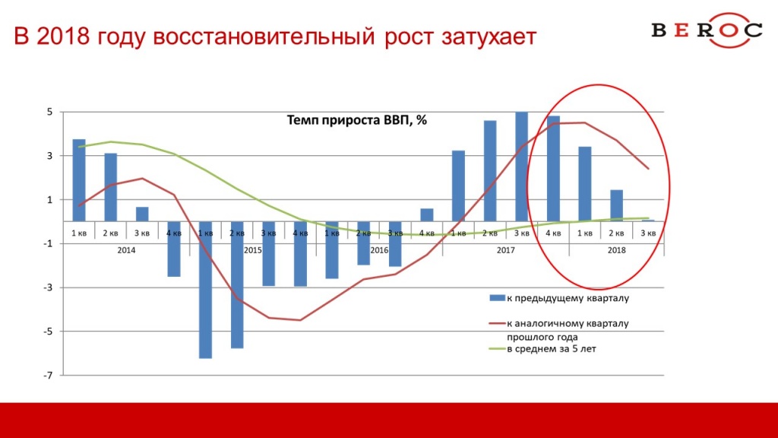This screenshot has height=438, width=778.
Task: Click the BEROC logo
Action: [x=707, y=30]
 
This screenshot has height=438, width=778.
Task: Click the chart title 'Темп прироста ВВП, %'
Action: [x=357, y=120]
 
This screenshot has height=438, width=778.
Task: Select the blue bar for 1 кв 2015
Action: [x=205, y=290]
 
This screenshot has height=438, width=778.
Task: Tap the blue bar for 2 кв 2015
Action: [x=237, y=284]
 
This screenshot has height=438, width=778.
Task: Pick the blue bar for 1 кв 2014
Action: [x=79, y=180]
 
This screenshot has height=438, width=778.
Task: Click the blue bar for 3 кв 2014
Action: [x=142, y=214]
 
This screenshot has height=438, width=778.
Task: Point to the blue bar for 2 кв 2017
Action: [x=490, y=171]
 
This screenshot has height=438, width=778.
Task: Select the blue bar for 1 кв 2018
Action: [x=585, y=184]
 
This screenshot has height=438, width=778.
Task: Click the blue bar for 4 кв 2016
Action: [x=427, y=215]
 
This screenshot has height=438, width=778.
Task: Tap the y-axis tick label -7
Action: [x=48, y=376]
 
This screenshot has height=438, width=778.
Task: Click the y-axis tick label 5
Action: [x=49, y=113]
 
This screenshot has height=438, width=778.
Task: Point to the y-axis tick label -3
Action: [x=48, y=287]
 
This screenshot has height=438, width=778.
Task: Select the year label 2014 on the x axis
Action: [x=126, y=250]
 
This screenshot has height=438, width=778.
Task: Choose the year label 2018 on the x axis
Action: [x=617, y=250]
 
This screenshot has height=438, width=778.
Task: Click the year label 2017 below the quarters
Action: [x=505, y=250]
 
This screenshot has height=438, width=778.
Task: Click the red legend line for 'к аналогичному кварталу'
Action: [x=497, y=324]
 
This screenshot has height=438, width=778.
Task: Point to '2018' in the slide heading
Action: [x=62, y=36]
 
